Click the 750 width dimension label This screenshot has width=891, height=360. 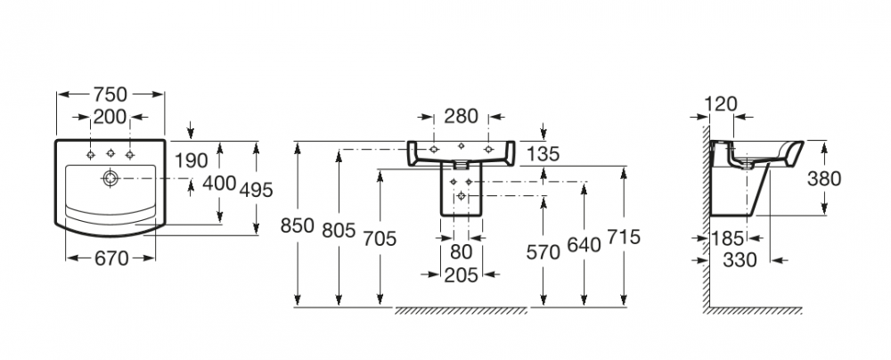pyautogui.click(x=110, y=94)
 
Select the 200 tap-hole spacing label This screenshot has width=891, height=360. pyautogui.click(x=110, y=116)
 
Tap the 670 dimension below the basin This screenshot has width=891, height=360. pyautogui.click(x=110, y=258)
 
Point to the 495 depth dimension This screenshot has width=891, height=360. pyautogui.click(x=255, y=190)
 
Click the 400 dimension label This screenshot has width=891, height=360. pyautogui.click(x=219, y=183)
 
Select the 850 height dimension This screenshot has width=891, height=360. pyautogui.click(x=297, y=225)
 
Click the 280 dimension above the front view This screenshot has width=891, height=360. pyautogui.click(x=462, y=116)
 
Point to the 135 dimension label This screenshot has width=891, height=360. pyautogui.click(x=542, y=154)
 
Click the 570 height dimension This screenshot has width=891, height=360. pyautogui.click(x=542, y=252)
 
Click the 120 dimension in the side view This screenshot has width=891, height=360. pyautogui.click(x=720, y=103)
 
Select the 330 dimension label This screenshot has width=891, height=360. pyautogui.click(x=740, y=259)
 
